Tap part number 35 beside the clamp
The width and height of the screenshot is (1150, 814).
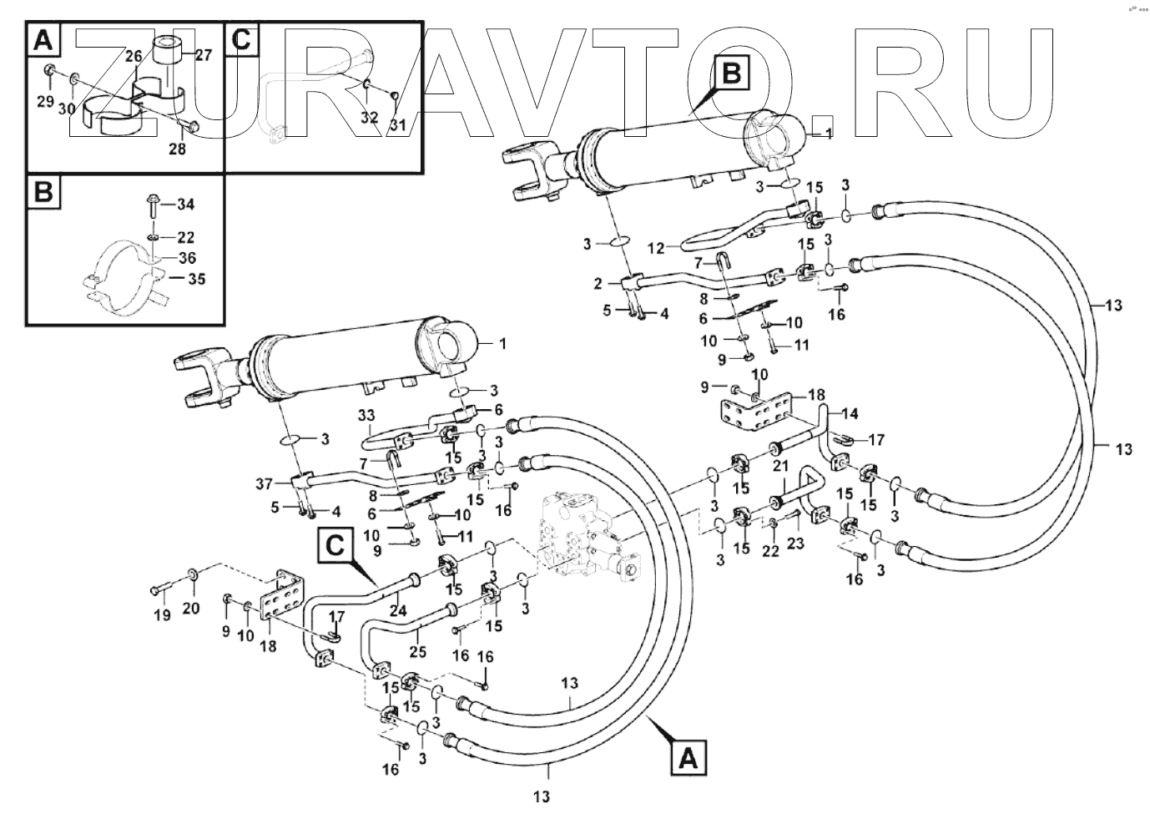pyautogui.click(x=197, y=279)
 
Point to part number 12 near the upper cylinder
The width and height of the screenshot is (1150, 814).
pyautogui.click(x=656, y=248)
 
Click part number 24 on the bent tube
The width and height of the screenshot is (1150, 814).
pyautogui.click(x=398, y=610)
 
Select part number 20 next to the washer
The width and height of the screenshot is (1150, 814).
pyautogui.click(x=191, y=608)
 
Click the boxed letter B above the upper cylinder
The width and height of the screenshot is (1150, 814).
pyautogui.click(x=731, y=74)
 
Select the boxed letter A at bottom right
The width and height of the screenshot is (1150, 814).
pyautogui.click(x=688, y=759)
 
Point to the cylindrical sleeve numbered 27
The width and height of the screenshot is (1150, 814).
pyautogui.click(x=171, y=55)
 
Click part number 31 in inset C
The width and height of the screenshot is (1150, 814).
pyautogui.click(x=398, y=126)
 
